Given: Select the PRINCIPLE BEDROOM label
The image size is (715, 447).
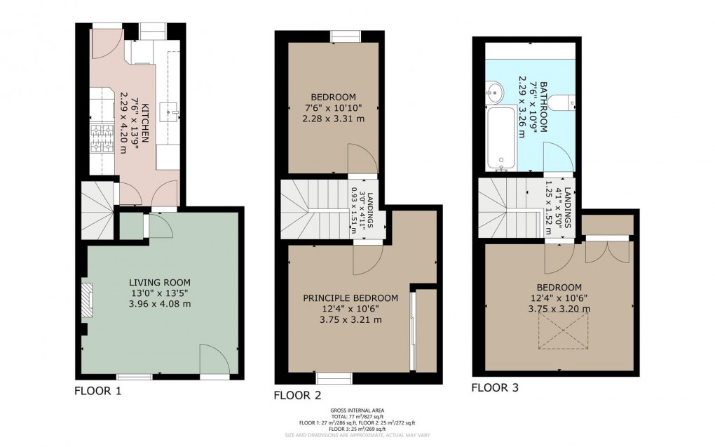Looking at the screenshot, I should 350,298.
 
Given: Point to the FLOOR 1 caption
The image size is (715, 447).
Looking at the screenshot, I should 98,392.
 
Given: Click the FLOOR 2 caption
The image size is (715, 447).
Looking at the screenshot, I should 297,395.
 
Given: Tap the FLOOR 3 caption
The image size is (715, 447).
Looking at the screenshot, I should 495,387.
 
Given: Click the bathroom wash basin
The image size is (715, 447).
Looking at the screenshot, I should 494,91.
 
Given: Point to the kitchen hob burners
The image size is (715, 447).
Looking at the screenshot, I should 101,137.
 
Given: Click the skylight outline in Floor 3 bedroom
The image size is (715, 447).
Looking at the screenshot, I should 559,330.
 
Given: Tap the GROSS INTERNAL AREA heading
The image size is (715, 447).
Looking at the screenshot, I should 357,410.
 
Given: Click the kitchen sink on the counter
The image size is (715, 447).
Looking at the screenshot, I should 171,109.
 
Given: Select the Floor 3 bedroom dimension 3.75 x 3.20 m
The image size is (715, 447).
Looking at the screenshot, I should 559,308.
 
